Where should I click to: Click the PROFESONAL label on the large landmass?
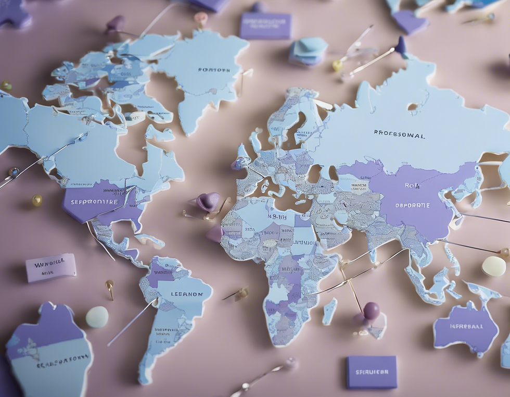399,134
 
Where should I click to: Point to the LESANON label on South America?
187,294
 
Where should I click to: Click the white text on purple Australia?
465,327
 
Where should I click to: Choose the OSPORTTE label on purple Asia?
412,205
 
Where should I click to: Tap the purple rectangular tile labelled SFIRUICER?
372,372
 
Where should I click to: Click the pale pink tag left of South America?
50,267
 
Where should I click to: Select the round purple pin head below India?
371,311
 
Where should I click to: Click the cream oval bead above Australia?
493,266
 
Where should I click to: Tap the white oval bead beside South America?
97,317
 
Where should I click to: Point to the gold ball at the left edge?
36,200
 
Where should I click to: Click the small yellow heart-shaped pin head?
338,65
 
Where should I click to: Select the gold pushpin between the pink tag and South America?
110,287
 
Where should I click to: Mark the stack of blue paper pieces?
308,51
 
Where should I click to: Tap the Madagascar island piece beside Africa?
329,311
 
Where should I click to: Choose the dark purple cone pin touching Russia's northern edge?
400,45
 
